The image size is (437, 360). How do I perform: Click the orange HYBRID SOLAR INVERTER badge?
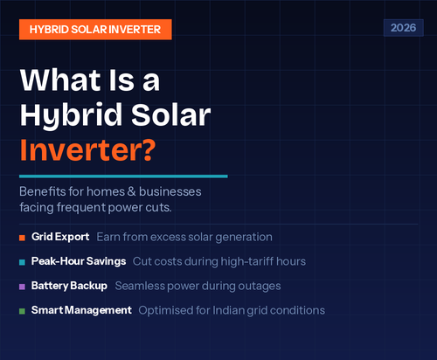tap(94, 28)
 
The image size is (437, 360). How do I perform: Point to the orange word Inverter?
tap(87, 149)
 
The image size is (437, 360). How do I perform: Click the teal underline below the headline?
tap(123, 176)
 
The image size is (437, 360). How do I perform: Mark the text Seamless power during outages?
tap(209, 286)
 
